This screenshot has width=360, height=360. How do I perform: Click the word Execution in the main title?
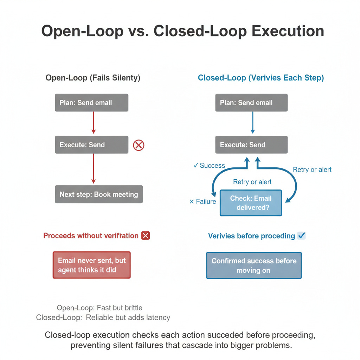click(x=288, y=31)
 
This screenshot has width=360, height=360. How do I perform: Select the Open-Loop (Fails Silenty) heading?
click(x=93, y=78)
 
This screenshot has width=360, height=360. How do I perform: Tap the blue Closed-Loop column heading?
click(x=261, y=78)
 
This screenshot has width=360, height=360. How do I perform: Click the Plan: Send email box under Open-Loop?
click(x=92, y=103)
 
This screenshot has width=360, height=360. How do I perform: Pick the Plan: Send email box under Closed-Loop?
click(x=251, y=103)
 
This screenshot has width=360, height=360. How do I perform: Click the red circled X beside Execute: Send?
click(x=139, y=145)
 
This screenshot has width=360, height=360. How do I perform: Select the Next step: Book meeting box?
click(x=99, y=194)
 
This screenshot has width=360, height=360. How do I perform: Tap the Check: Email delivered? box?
click(x=251, y=203)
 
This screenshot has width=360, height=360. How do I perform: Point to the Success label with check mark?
click(x=209, y=166)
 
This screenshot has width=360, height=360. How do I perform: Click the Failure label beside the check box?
click(x=203, y=201)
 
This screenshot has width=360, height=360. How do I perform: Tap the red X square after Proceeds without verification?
click(x=146, y=236)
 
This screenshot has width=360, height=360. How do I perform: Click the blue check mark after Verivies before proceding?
click(x=301, y=235)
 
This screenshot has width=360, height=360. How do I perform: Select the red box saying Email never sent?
click(x=92, y=265)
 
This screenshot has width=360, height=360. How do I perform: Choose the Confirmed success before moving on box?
click(x=254, y=265)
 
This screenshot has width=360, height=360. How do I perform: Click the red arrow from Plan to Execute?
click(x=94, y=123)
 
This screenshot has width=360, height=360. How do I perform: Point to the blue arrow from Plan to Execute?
click(x=252, y=123)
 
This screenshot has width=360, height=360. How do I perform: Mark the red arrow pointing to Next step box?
click(x=94, y=168)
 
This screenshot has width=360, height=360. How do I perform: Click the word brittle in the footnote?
click(x=134, y=308)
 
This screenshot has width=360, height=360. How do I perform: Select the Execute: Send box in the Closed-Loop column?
click(x=251, y=144)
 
